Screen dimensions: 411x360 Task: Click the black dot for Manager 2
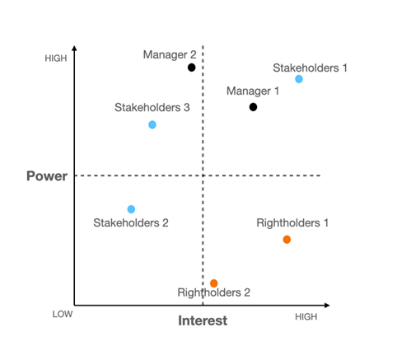tap(192, 68)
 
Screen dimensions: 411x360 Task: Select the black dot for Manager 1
tap(253, 107)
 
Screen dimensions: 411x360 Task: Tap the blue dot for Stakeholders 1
tap(299, 79)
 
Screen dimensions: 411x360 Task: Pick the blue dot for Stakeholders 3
tap(152, 124)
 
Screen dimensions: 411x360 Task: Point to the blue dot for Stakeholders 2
tap(131, 209)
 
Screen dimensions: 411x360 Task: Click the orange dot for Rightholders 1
tap(287, 240)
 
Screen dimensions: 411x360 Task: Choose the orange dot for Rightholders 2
tap(214, 283)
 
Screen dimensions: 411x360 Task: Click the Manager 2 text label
tap(170, 55)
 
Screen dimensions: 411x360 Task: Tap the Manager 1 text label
tap(253, 91)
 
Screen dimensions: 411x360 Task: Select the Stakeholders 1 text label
tap(310, 68)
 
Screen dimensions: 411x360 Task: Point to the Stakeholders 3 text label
tap(152, 107)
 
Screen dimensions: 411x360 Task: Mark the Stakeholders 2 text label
tap(131, 222)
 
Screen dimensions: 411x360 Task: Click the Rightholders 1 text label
tap(292, 223)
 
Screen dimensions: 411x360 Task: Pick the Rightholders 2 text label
tap(214, 292)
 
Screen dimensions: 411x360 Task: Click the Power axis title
tap(47, 176)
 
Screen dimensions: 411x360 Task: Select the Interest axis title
tap(203, 320)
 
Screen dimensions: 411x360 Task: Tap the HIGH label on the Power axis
tap(56, 58)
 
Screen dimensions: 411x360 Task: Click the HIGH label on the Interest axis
tap(306, 317)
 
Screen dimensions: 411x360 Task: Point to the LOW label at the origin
tap(63, 314)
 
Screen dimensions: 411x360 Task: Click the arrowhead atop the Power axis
tap(74, 48)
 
